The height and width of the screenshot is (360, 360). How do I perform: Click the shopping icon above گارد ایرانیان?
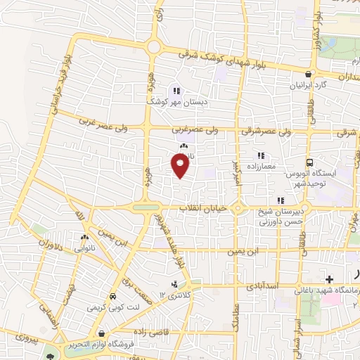pyautogui.click(x=309, y=74)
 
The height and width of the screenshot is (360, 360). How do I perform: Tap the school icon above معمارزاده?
pyautogui.click(x=260, y=155)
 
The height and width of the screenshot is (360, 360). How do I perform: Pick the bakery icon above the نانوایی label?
pyautogui.click(x=85, y=237)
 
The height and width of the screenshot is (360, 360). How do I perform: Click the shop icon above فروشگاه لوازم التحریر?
pyautogui.click(x=103, y=333)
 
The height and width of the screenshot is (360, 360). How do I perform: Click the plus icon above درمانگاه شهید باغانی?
pyautogui.click(x=329, y=279)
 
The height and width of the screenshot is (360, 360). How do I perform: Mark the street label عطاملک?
pyautogui.click(x=233, y=317)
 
